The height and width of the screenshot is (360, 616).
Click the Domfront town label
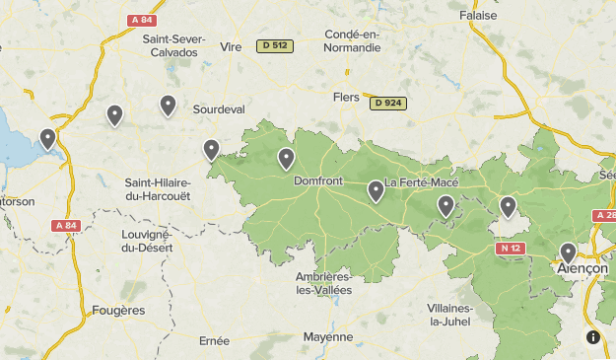(x=317, y=181)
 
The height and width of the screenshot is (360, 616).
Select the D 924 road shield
(x=388, y=103)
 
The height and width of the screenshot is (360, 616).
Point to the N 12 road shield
(x=509, y=249)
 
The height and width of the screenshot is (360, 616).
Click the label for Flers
(x=347, y=98)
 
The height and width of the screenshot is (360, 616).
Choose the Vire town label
(x=232, y=46)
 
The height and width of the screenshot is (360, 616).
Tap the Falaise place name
(x=479, y=15)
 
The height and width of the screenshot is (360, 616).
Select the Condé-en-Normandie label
(x=352, y=40)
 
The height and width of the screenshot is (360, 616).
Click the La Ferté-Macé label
(x=421, y=182)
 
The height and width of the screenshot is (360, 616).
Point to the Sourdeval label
(x=218, y=108)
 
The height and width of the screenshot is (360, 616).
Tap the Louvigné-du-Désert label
(x=146, y=241)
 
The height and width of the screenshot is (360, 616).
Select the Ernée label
(x=213, y=340)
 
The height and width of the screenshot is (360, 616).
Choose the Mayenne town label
(x=327, y=336)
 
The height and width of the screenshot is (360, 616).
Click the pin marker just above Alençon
(x=568, y=252)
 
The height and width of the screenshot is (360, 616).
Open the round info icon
(x=593, y=337)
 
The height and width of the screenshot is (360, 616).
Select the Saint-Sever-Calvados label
(x=174, y=45)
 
